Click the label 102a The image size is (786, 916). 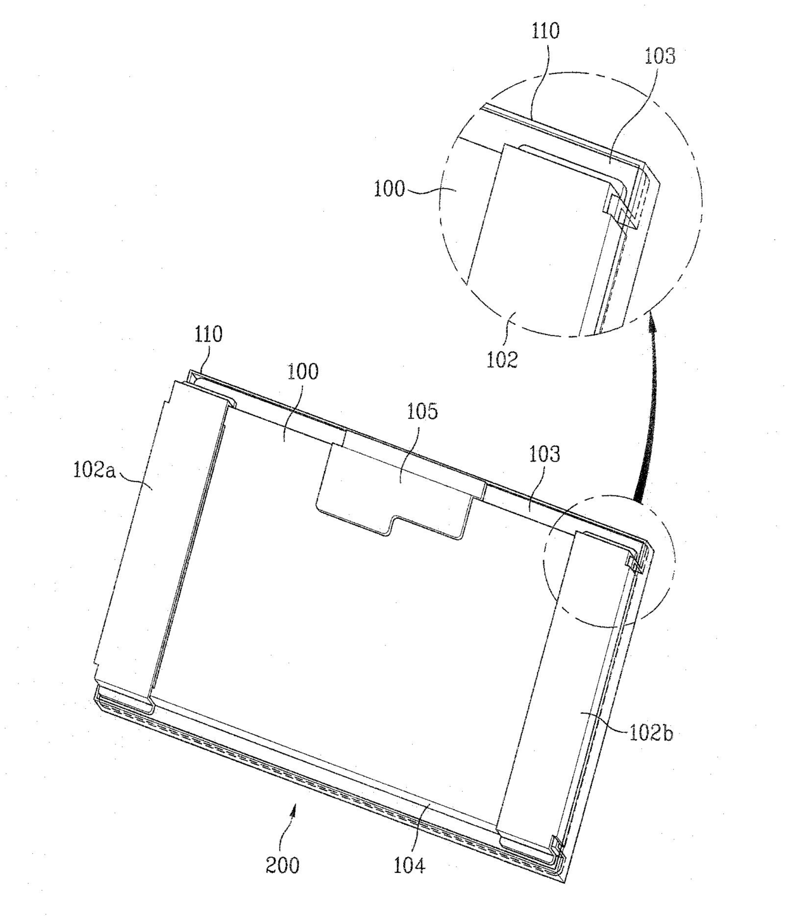click(94, 470)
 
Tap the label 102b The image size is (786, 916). click(651, 734)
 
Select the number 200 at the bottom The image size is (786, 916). click(283, 865)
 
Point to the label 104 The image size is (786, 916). click(409, 865)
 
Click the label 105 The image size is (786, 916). click(422, 411)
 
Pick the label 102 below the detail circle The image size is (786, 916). click(502, 359)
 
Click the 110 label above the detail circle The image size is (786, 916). click(546, 31)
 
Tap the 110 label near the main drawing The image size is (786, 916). click(209, 334)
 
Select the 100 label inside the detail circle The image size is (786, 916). click(389, 189)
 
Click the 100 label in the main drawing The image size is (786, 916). click(303, 371)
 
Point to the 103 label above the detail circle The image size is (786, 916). click(660, 56)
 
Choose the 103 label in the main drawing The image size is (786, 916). click(544, 454)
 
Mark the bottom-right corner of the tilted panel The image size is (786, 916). click(565, 884)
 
